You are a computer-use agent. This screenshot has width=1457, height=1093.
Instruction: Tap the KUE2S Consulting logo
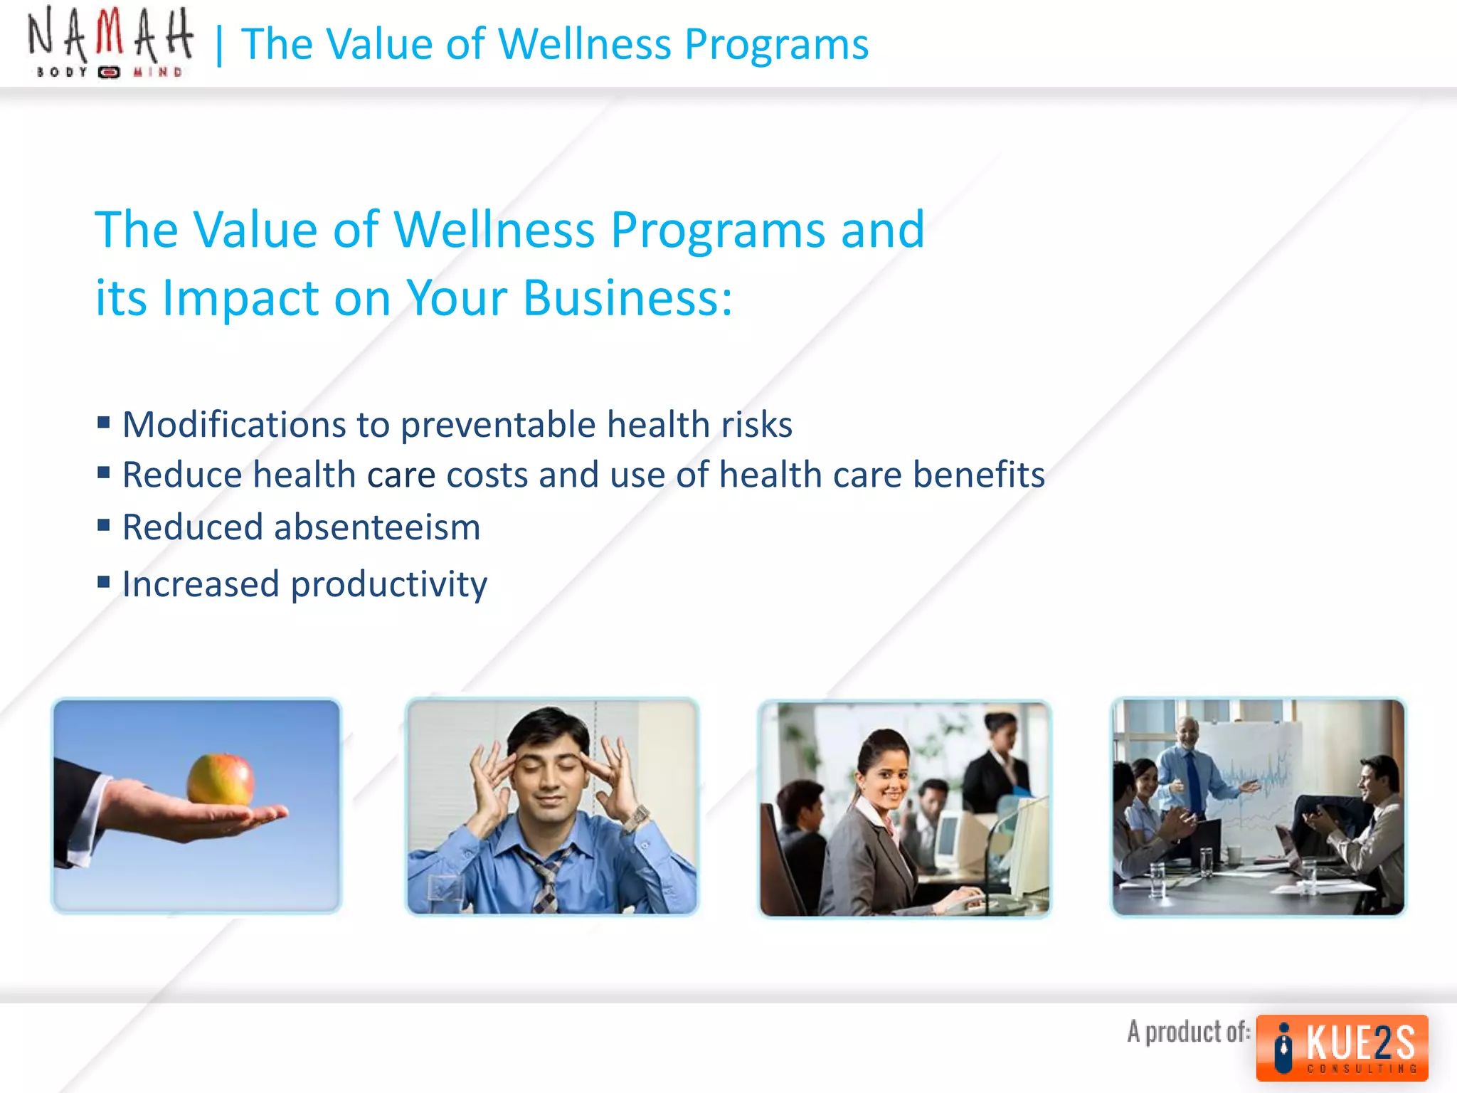click(x=1342, y=1047)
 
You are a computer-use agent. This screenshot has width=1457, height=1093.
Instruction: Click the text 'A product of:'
click(x=1188, y=1031)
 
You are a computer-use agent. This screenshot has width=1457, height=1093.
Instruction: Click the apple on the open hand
click(x=221, y=780)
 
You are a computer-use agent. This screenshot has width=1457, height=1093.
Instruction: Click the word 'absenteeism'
click(x=377, y=527)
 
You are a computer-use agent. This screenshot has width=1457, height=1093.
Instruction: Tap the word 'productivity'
click(x=389, y=585)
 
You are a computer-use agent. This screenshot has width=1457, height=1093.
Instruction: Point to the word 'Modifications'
click(x=234, y=425)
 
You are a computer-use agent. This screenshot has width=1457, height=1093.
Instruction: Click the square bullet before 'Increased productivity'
click(x=104, y=583)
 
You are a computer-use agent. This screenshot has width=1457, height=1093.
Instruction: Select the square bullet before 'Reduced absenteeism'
click(x=104, y=526)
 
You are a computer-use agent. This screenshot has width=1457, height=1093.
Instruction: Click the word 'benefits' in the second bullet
click(x=978, y=475)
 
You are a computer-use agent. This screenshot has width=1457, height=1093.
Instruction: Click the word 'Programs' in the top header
click(x=776, y=44)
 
